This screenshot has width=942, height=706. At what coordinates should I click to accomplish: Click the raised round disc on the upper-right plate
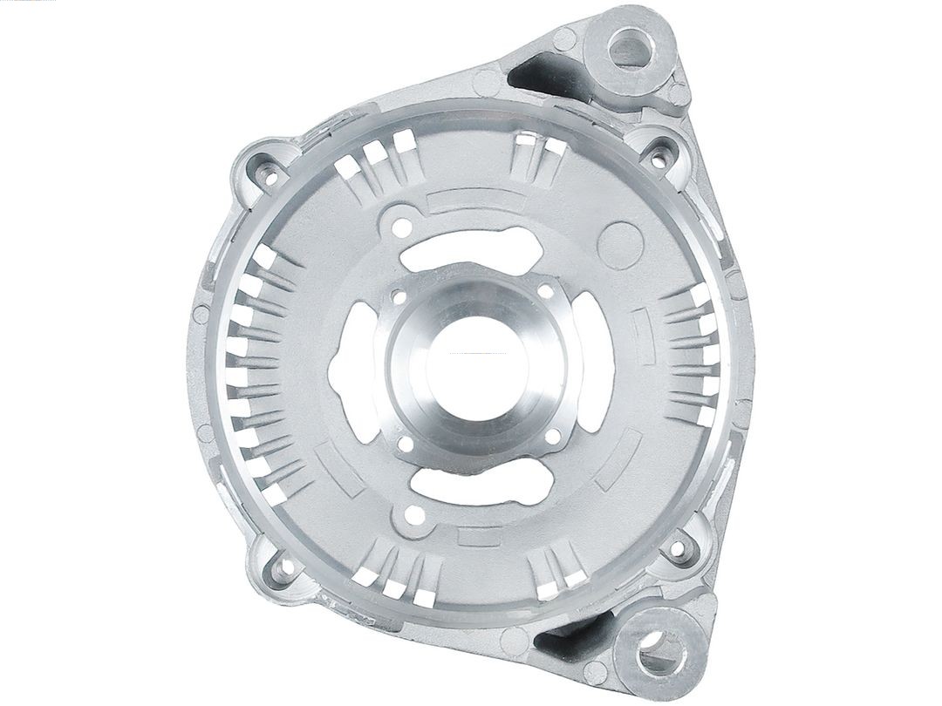(x=621, y=245)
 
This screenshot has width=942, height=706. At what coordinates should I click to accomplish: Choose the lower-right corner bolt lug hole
(x=676, y=550)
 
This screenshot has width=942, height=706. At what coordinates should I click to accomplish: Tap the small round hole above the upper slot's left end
(x=401, y=227)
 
